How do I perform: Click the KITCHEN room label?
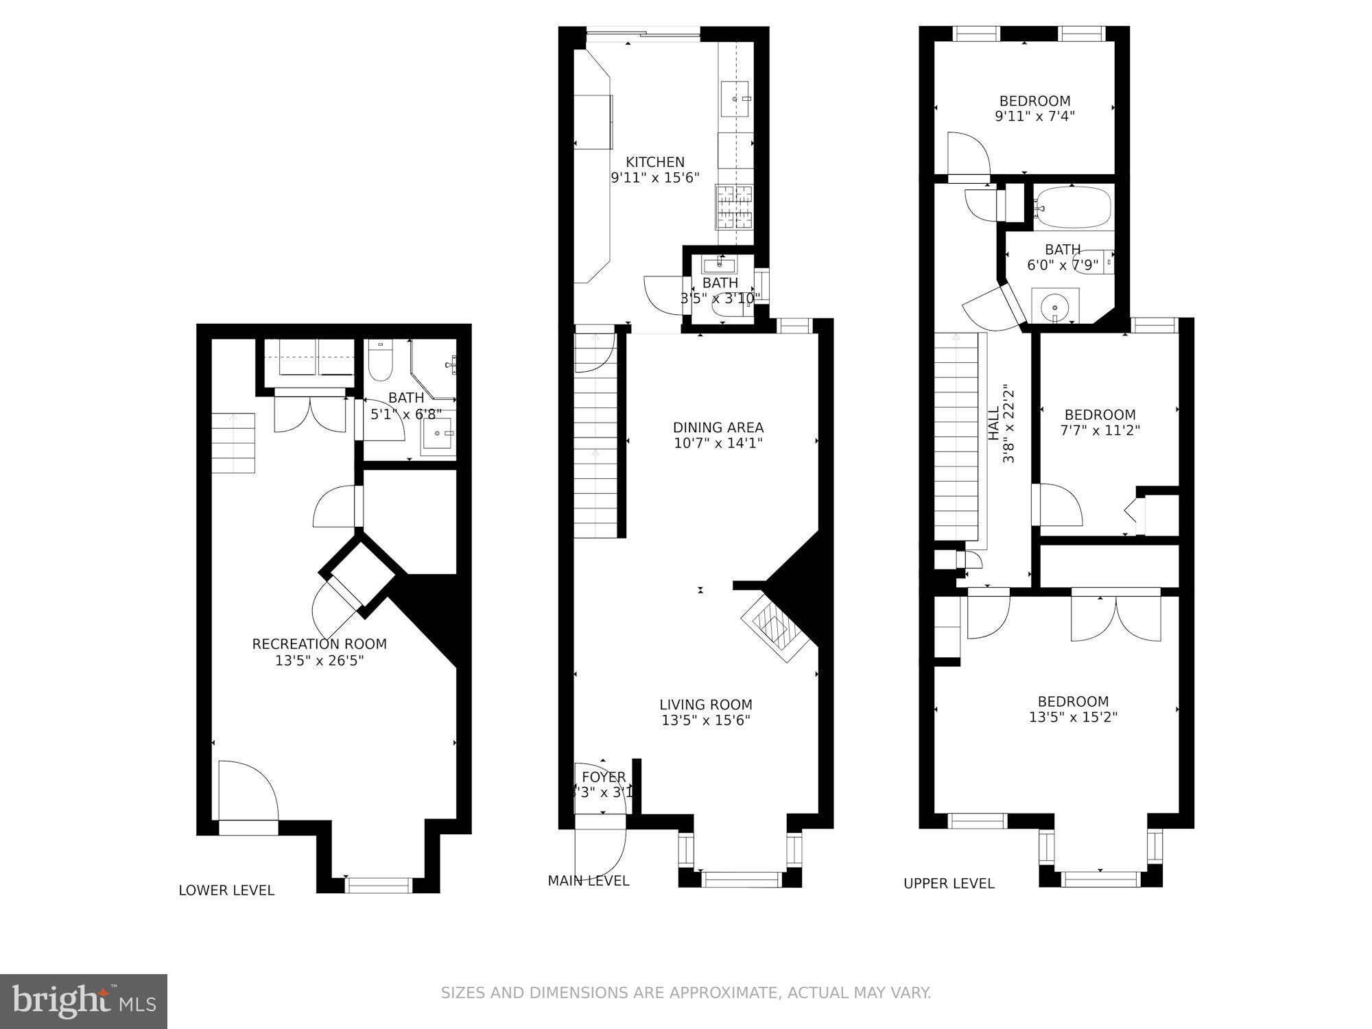(x=655, y=163)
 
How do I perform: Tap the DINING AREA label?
(x=718, y=428)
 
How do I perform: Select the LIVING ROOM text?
(x=705, y=705)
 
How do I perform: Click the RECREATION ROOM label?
(x=319, y=644)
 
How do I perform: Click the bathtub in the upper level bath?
(x=1073, y=206)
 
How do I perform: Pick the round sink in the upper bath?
(x=1054, y=306)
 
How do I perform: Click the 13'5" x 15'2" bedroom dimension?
(x=1073, y=718)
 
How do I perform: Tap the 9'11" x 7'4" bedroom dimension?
(x=1034, y=117)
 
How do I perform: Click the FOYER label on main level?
(x=604, y=777)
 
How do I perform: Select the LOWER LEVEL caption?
(x=226, y=890)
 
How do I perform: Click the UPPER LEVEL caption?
(x=949, y=884)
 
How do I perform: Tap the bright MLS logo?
(x=83, y=1002)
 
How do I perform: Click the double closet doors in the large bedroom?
(x=1115, y=616)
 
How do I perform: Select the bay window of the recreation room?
(x=379, y=885)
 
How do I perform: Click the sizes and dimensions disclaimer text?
(x=685, y=993)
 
